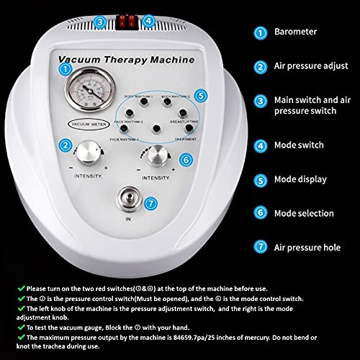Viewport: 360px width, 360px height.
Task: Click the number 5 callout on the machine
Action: (x=202, y=95)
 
